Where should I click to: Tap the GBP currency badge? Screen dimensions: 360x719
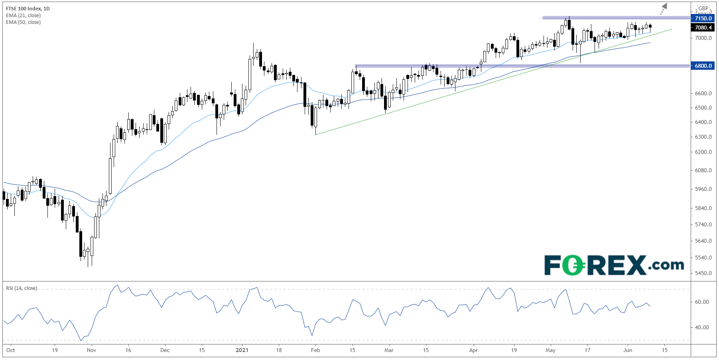click(703, 8)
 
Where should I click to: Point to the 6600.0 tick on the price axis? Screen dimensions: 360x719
click(703, 93)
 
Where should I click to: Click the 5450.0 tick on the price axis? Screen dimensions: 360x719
click(703, 273)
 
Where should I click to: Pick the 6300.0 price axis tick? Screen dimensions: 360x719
click(703, 137)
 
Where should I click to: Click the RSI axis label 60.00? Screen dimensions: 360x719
click(702, 302)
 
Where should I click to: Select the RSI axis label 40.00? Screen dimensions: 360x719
click(702, 327)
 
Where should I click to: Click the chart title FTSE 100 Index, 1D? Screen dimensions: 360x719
click(28, 8)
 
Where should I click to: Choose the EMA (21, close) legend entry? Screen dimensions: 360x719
click(23, 15)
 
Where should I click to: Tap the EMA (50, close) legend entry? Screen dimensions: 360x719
click(23, 22)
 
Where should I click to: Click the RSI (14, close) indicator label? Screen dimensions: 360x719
click(21, 288)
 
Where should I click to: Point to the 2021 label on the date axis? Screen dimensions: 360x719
click(242, 350)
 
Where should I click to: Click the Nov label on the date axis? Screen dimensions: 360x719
click(91, 350)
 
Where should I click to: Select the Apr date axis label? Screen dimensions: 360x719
click(473, 350)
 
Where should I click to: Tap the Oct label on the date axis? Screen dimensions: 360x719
click(11, 350)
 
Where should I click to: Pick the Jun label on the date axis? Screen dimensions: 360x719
click(628, 350)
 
